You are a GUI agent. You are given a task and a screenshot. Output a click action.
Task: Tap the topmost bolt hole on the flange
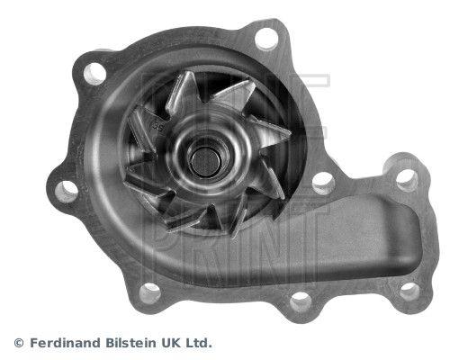[266, 39]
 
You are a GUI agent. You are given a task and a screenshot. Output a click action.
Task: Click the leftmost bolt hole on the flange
[65, 189]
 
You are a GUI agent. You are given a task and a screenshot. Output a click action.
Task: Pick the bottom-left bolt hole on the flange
[151, 291]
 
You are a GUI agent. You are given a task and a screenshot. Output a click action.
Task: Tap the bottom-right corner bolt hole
[409, 290]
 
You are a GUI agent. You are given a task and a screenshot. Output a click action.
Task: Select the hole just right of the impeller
[321, 183]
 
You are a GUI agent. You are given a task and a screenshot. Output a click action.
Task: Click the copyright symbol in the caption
[19, 343]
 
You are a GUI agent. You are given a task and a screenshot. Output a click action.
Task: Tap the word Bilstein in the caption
[131, 343]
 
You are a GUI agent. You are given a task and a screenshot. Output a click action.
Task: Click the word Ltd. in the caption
[201, 343]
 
